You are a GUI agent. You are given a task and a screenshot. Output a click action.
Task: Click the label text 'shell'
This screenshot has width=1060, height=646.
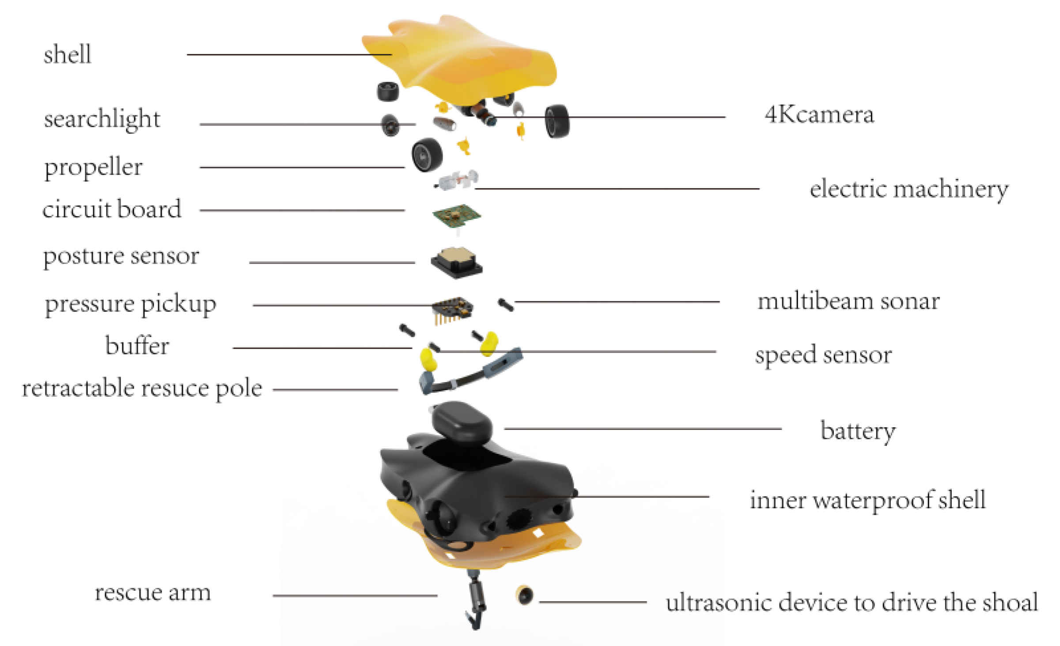pos(68,55)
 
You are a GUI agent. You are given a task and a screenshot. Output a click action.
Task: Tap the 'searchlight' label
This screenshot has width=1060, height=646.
pos(102,119)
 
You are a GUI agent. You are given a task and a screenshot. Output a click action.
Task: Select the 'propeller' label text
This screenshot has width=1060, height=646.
pos(93,167)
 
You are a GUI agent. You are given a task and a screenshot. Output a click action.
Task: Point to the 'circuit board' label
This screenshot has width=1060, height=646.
pos(112,209)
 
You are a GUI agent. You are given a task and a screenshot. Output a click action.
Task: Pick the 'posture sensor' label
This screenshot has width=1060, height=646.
pos(121,256)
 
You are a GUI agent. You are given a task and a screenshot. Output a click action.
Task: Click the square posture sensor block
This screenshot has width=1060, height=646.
pos(456,262)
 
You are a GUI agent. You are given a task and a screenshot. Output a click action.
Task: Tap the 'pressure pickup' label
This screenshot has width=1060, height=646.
pos(131,304)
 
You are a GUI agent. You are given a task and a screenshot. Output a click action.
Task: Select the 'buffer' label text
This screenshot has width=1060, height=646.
pos(137,346)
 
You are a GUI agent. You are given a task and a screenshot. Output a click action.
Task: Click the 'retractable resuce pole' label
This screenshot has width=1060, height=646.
pos(142,389)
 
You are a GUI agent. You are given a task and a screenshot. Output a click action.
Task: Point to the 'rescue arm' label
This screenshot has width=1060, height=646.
pos(153,593)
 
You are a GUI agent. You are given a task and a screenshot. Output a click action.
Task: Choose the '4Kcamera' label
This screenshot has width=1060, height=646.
pos(819,115)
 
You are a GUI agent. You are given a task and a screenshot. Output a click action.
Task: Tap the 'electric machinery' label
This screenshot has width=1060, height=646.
pos(909,190)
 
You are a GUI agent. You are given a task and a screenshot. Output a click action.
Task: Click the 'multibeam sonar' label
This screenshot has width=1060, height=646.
pos(848,302)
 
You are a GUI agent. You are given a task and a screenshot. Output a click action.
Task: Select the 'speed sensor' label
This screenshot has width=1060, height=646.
pos(823,355)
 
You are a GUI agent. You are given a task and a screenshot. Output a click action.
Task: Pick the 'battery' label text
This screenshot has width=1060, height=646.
pos(858,431)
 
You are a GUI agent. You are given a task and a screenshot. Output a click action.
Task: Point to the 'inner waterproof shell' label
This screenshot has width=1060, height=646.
pos(867,500)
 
